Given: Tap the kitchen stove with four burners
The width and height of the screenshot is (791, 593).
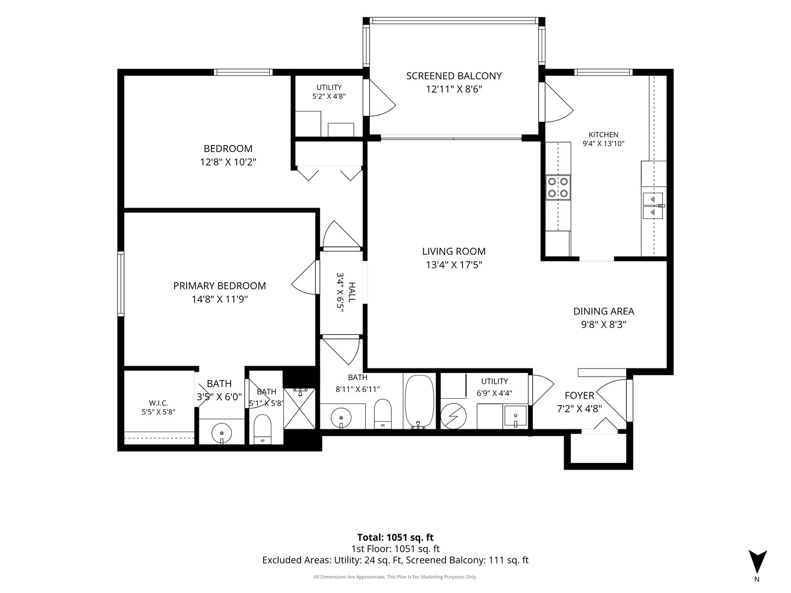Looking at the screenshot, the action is click(558, 187).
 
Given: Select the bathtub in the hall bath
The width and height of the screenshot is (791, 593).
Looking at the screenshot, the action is click(419, 401).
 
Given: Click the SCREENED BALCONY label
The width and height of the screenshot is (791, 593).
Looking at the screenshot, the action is click(454, 76).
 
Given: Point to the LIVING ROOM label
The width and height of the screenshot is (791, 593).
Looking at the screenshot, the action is click(454, 251).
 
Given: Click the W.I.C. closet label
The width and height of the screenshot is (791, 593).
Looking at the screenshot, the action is click(158, 403).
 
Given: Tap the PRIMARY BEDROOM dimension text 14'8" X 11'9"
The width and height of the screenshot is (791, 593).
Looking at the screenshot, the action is click(220, 299).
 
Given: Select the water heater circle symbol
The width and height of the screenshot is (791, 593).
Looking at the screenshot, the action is click(453, 416).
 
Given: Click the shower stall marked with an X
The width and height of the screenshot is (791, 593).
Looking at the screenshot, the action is click(299, 409).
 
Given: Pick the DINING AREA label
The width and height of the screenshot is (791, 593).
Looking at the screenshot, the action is click(604, 311).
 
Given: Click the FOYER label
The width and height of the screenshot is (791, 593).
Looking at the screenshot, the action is click(579, 396).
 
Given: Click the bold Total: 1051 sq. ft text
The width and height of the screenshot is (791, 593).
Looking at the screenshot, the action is click(396, 538).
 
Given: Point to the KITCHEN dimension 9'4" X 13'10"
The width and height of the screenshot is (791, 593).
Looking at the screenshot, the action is click(603, 144).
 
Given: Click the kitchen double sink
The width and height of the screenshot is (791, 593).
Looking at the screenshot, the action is click(653, 205).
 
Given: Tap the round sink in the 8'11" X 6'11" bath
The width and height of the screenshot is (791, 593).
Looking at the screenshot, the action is click(341, 417).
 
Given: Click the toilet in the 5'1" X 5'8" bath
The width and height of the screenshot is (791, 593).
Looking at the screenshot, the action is click(262, 429).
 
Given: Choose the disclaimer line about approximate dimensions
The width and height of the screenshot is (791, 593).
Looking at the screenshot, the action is click(396, 577).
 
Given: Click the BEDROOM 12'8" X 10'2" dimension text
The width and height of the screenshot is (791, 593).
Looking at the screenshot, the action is click(228, 162).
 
